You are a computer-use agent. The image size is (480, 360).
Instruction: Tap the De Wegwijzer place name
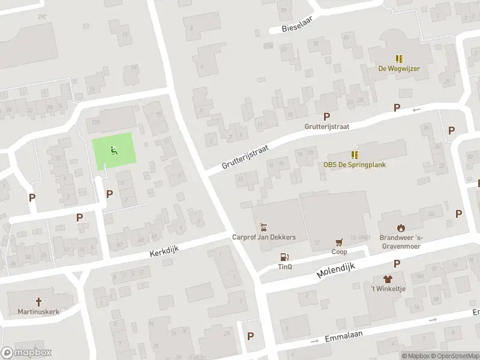(x=398, y=68)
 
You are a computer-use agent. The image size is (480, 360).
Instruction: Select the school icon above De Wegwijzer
(x=398, y=58)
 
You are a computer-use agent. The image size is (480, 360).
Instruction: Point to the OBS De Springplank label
(x=355, y=165)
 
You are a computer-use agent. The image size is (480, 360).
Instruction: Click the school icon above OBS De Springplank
(x=355, y=155)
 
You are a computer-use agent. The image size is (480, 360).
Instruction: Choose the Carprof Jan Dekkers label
(x=264, y=238)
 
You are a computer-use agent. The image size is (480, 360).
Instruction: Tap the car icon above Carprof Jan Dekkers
(x=263, y=227)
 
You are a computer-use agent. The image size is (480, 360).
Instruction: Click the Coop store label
(x=340, y=252)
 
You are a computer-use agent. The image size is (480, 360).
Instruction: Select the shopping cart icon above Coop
(x=340, y=242)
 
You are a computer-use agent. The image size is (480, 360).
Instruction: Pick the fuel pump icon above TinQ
(x=284, y=257)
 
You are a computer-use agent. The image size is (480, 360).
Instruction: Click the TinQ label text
(x=284, y=267)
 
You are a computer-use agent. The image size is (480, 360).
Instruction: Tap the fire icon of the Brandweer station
(x=401, y=227)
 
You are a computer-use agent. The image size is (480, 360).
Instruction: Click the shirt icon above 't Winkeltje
(x=387, y=280)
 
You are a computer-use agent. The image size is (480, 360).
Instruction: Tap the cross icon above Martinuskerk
(x=39, y=302)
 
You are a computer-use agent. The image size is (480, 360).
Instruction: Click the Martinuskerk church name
(x=39, y=312)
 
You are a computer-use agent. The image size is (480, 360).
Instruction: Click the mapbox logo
(x=26, y=353)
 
